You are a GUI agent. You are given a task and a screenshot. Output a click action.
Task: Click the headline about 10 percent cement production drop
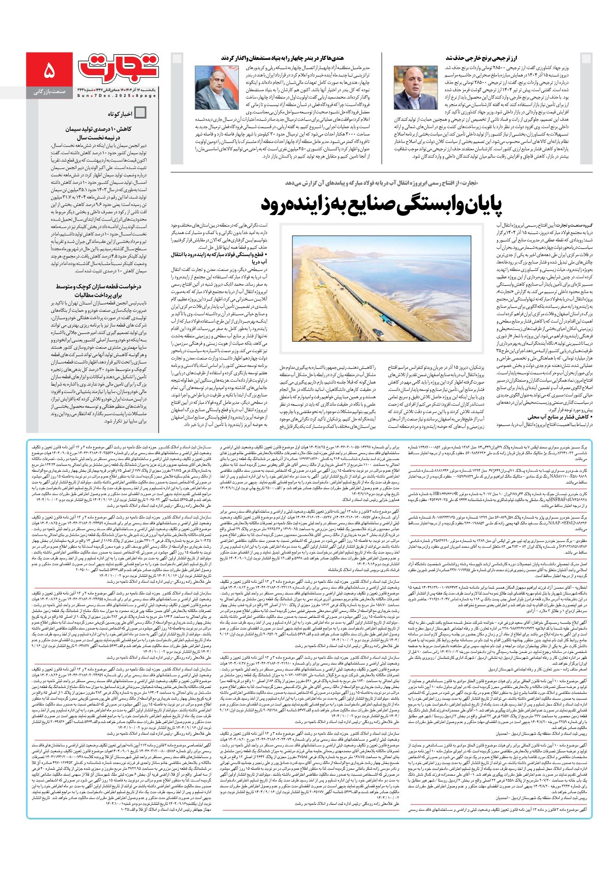[100, 132]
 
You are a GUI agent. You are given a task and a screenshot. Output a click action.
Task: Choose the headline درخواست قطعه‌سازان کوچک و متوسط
[100, 290]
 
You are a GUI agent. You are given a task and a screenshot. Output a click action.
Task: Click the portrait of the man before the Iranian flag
[213, 87]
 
